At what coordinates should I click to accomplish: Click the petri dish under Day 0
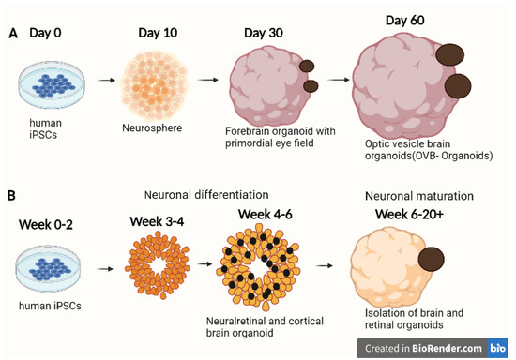tap(55, 81)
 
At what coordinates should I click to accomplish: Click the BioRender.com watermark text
tap(447, 346)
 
